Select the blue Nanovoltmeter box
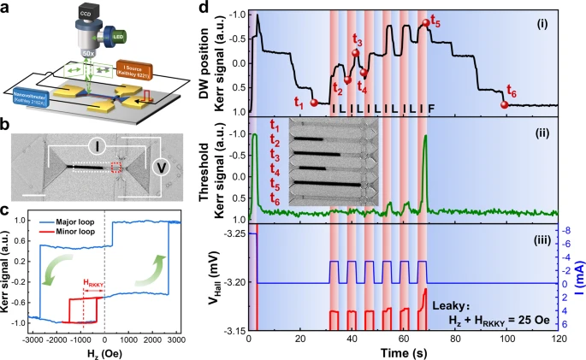[29, 93]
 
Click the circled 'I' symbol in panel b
[99, 147]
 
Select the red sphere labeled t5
[426, 23]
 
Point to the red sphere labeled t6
[504, 104]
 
